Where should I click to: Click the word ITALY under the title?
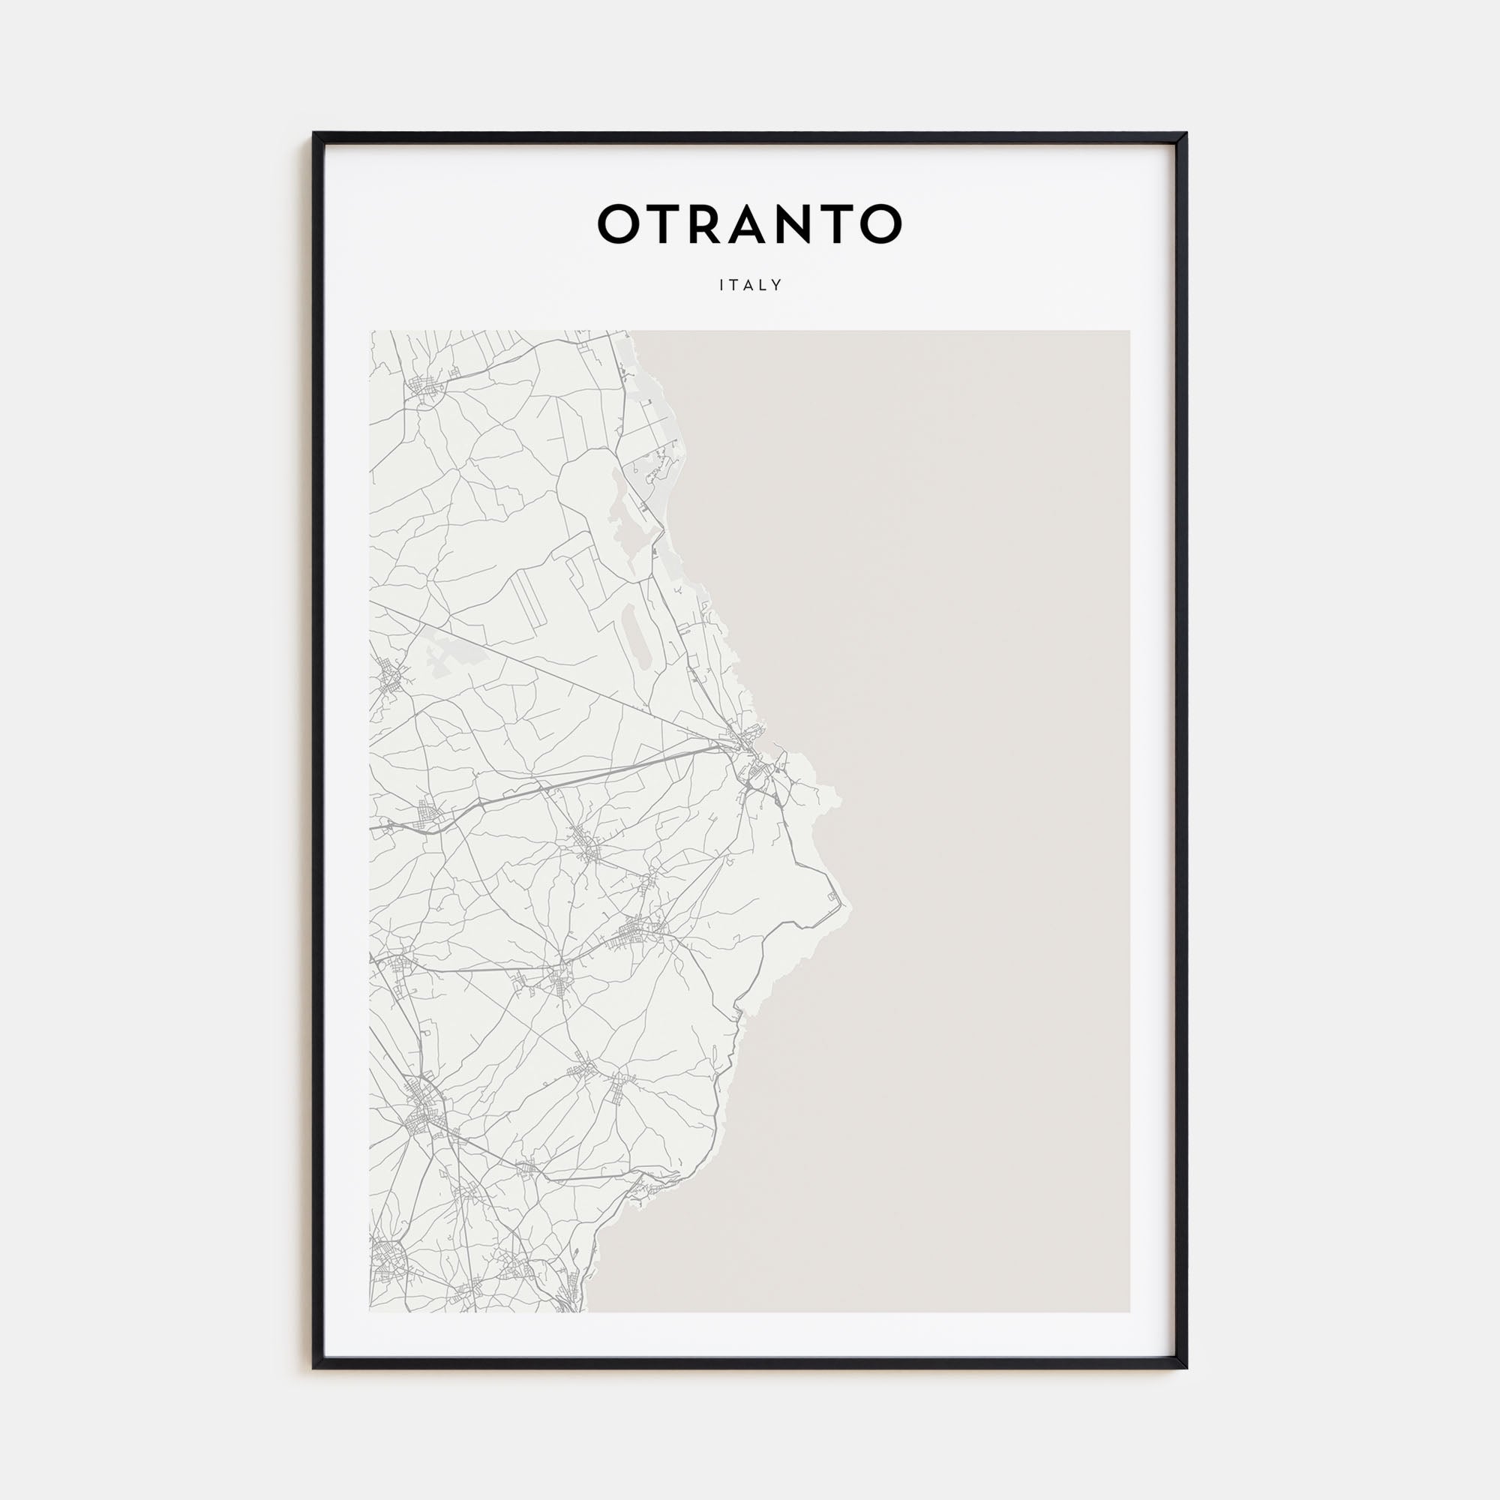click(750, 285)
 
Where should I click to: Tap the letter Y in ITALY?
click(776, 285)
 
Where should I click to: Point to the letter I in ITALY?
click(722, 285)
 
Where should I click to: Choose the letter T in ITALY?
click(733, 285)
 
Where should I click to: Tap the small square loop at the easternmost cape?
click(834, 898)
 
